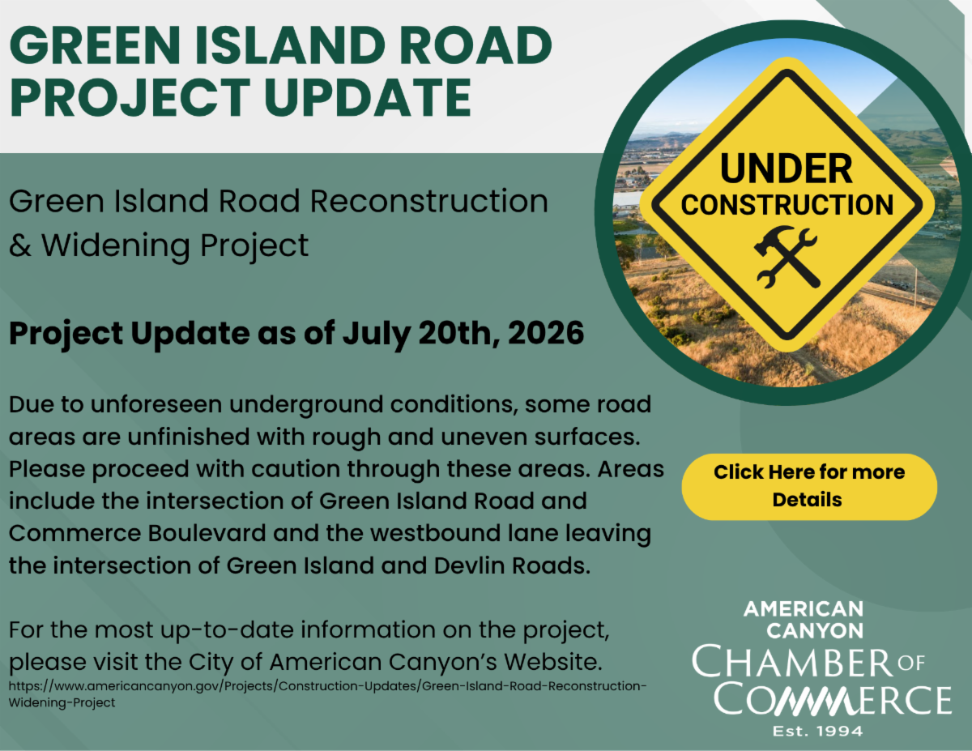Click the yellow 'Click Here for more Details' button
808,487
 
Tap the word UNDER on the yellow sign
787,169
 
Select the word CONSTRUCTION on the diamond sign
787,205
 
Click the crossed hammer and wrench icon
787,257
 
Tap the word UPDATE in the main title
367,97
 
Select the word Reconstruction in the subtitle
429,201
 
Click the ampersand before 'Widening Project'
20,245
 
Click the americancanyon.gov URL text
327,694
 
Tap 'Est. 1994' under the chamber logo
817,732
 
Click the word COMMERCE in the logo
833,699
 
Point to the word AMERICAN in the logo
804,609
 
